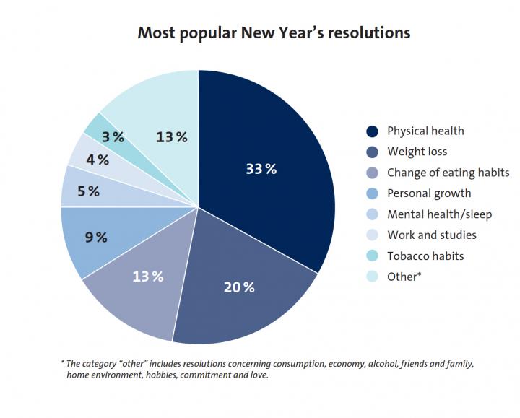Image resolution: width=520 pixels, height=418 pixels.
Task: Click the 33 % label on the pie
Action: coord(261,169)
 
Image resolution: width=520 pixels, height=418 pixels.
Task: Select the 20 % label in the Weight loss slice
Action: coord(238,287)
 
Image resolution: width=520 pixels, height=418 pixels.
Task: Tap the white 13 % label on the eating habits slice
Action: coord(147,277)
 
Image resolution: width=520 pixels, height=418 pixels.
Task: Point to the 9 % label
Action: coord(95,237)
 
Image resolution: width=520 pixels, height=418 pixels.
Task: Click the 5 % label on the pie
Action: coord(87,191)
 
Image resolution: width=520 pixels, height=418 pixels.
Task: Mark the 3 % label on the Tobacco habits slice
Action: coord(113,137)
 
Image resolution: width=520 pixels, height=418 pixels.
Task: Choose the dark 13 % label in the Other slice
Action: coord(171,137)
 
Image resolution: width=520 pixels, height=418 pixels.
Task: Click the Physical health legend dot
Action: coord(372,131)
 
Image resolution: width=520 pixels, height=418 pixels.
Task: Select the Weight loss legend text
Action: coord(417,152)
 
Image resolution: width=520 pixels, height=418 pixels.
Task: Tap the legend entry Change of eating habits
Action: coord(448,173)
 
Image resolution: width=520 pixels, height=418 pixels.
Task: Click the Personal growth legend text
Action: coord(428,193)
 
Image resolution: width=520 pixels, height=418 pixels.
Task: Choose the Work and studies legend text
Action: coord(431,235)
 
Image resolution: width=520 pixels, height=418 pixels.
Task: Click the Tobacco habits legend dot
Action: coord(372,256)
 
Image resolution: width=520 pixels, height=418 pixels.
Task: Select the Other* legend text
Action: coord(404,277)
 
